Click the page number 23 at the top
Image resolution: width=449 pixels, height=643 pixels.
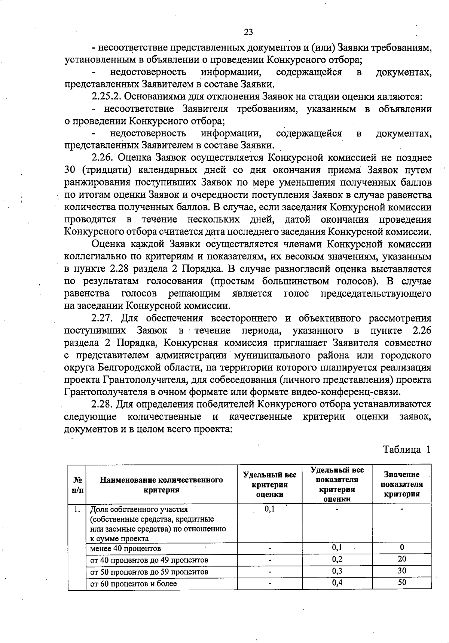[248, 32]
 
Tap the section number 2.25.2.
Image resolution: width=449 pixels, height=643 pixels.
[106, 96]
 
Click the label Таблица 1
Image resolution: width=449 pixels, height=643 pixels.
[406, 449]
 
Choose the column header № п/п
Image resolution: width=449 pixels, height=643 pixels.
[77, 484]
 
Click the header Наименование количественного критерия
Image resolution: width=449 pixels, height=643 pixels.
[161, 484]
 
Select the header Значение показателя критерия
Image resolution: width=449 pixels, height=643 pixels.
[401, 484]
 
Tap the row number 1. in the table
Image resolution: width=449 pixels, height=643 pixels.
[77, 509]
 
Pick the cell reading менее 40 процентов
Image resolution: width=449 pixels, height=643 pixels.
[126, 548]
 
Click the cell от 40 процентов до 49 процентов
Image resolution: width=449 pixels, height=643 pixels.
[149, 560]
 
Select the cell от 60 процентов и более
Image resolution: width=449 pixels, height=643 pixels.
[134, 583]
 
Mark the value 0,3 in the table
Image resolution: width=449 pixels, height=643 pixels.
[337, 571]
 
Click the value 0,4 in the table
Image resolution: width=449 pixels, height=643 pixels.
[337, 583]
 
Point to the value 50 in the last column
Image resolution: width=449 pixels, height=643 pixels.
[402, 582]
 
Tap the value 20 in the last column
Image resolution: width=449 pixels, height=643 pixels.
[402, 559]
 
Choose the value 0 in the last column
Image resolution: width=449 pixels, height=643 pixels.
[402, 548]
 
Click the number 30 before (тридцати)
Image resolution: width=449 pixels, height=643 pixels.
[70, 170]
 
